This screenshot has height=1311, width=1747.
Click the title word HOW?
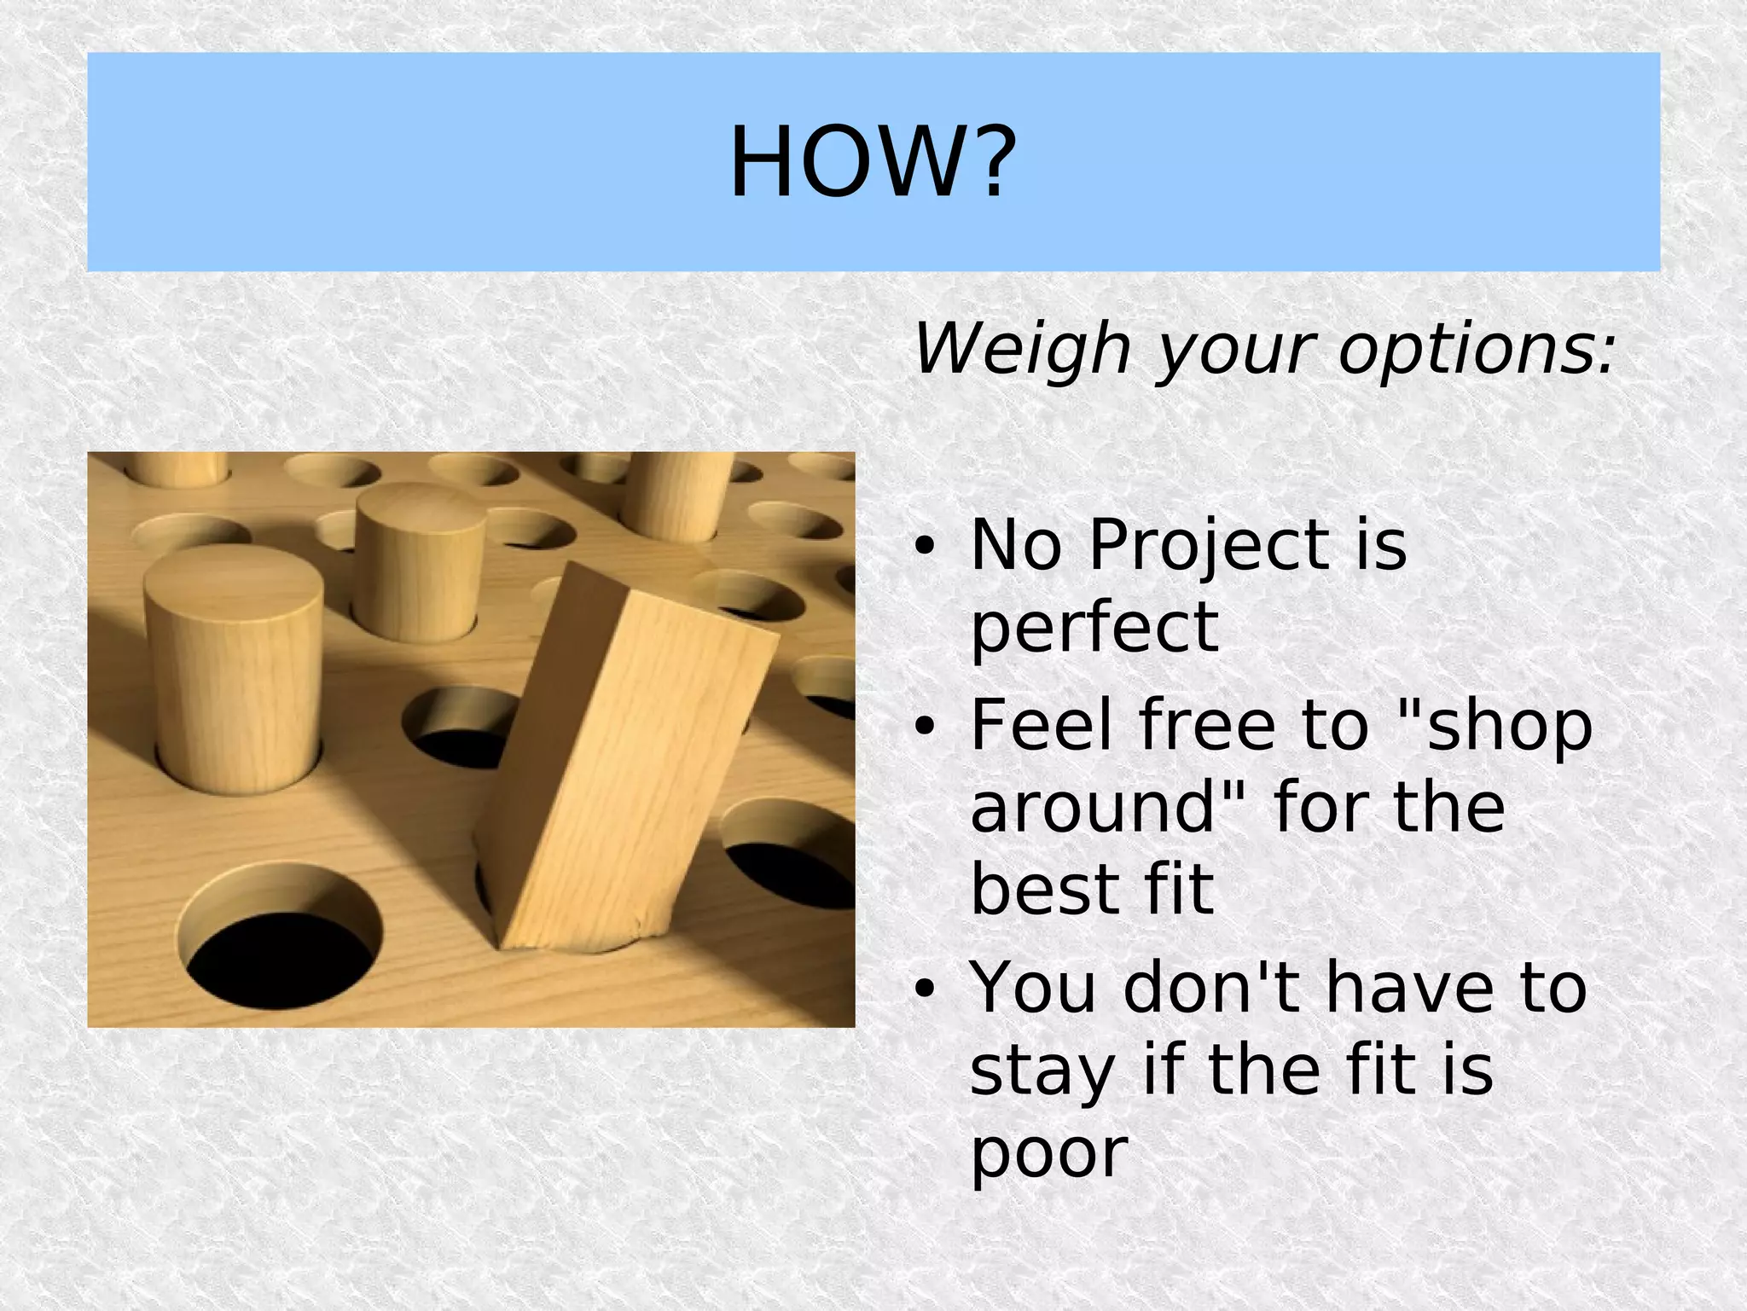click(873, 161)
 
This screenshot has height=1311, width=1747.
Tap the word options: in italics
click(1476, 350)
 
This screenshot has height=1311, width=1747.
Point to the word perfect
click(1094, 628)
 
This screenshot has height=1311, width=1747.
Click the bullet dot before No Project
click(924, 548)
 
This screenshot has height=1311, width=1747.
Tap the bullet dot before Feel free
click(924, 727)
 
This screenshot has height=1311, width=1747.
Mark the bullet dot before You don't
click(924, 989)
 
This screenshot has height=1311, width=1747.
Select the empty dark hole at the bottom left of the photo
click(281, 947)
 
